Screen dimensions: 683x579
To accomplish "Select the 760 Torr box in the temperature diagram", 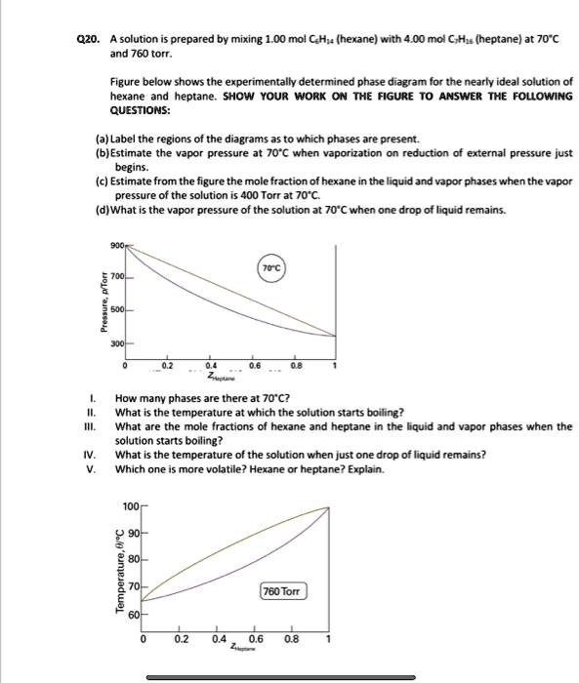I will click(283, 591).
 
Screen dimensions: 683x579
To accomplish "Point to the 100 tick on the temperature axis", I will click(131, 506).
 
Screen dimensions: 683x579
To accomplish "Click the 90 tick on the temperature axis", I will click(133, 534).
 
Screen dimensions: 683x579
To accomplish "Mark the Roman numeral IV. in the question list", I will click(91, 454).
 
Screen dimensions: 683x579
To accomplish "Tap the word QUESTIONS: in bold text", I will click(139, 109).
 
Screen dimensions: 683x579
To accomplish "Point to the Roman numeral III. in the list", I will click(91, 426).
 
